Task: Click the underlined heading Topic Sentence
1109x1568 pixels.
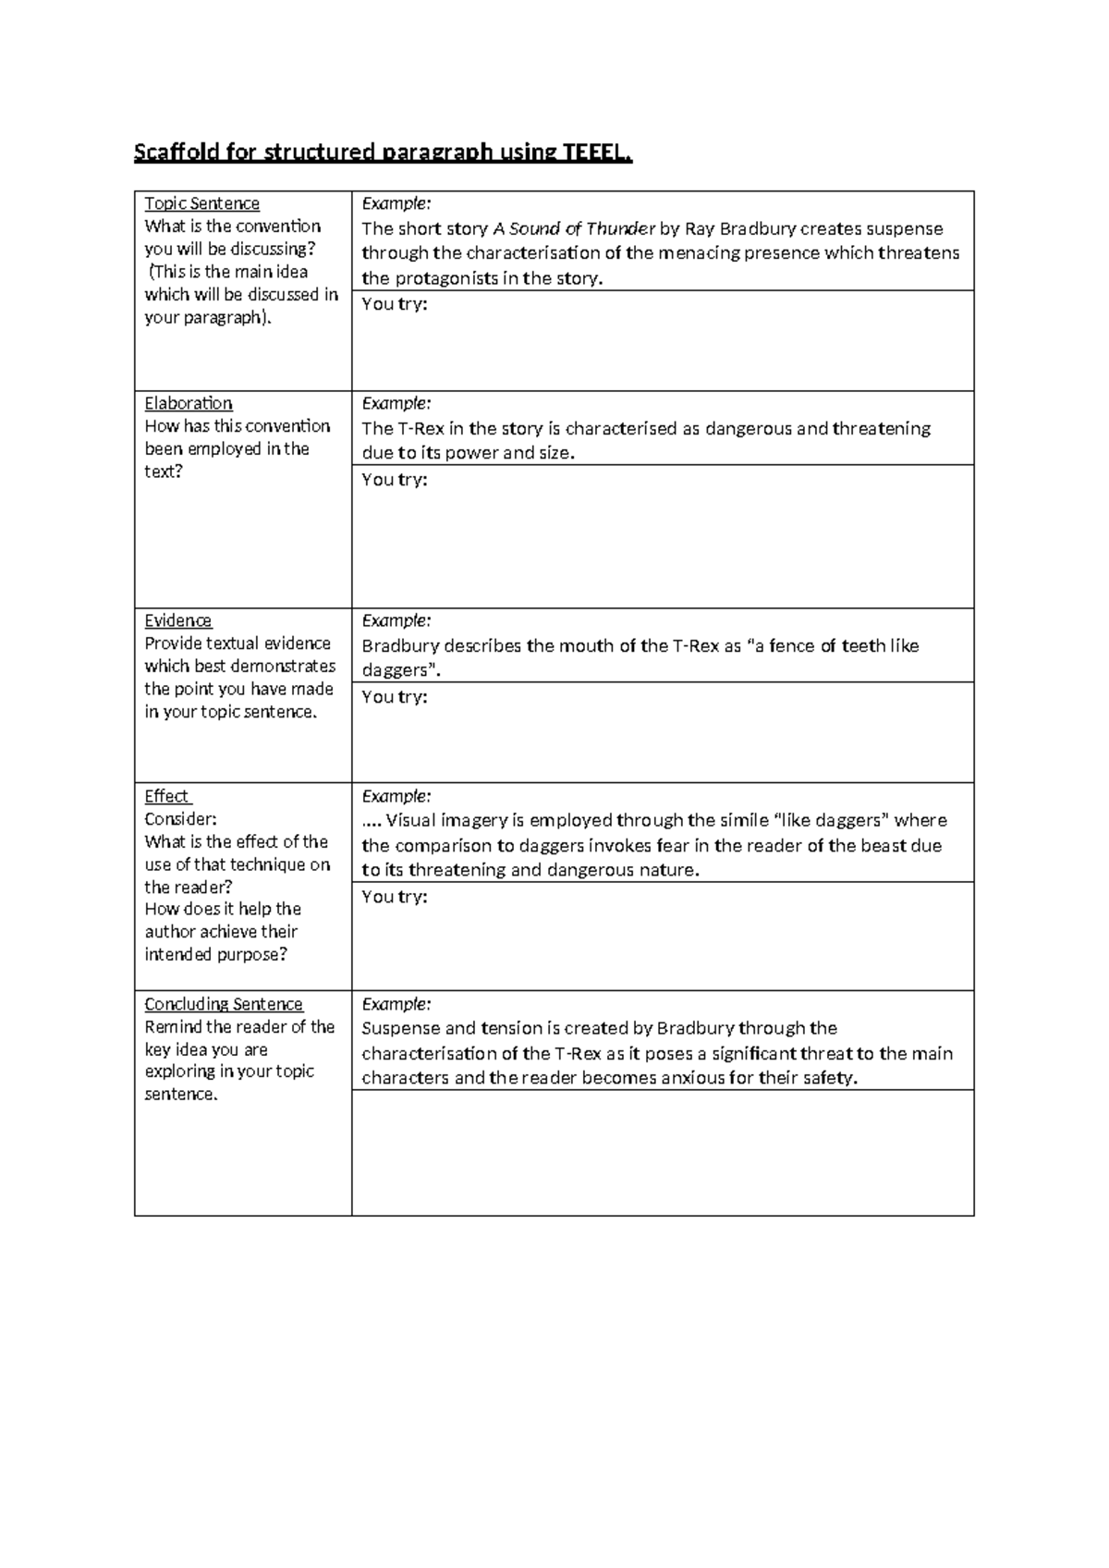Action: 201,203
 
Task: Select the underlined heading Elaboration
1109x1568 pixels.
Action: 189,403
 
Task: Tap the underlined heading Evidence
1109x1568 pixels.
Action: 178,620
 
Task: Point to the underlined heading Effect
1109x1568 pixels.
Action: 167,796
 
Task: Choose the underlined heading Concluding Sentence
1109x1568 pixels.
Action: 224,1004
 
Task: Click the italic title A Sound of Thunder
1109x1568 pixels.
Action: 574,228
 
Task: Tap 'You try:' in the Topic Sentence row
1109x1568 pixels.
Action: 395,304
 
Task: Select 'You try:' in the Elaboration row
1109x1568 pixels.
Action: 395,479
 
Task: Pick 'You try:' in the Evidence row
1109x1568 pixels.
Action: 395,697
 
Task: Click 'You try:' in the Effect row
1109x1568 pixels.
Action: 395,897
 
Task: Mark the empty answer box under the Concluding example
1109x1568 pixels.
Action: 663,1152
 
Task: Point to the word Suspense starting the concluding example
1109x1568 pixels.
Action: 401,1028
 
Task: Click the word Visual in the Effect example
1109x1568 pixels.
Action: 410,820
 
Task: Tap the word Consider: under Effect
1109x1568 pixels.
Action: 181,819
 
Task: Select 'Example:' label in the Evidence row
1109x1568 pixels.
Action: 396,620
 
